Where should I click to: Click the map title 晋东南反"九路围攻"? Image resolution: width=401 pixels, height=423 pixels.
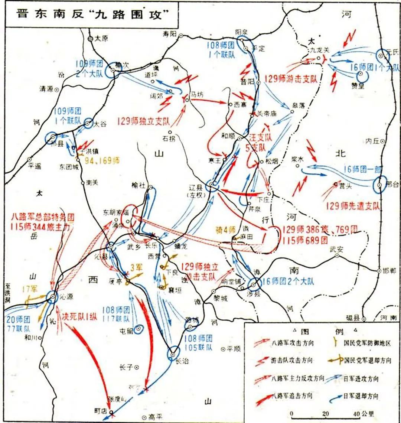click(x=92, y=15)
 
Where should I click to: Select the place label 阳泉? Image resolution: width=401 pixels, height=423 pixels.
click(x=242, y=32)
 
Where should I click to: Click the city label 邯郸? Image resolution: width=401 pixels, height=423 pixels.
click(x=389, y=271)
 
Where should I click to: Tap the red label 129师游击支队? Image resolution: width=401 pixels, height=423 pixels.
click(x=291, y=79)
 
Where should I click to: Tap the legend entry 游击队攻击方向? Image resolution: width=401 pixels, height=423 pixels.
click(x=292, y=361)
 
